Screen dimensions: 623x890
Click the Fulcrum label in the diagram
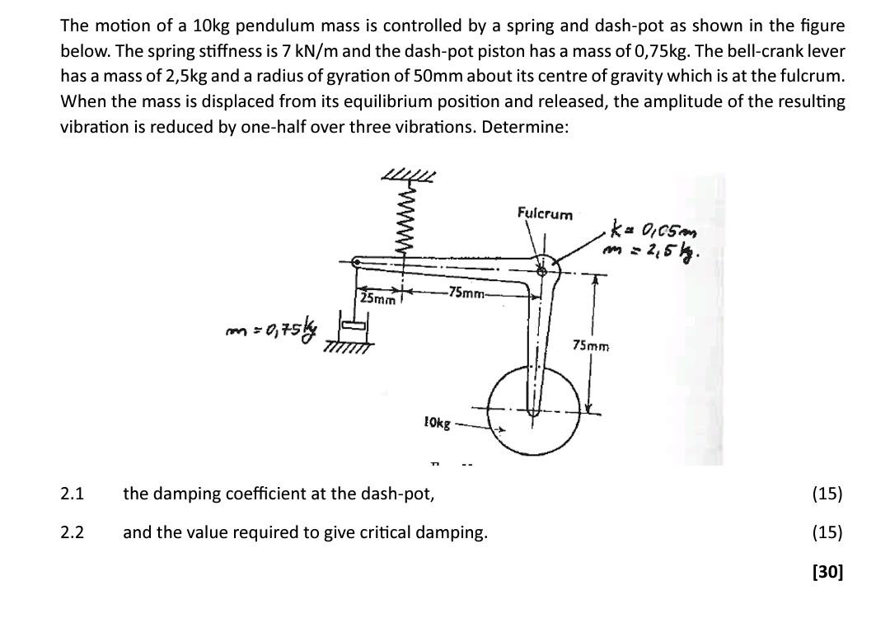544,214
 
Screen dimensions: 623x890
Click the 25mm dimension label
378,298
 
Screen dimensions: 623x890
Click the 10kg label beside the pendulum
437,423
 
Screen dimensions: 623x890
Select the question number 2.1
73,494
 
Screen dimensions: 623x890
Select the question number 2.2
73,532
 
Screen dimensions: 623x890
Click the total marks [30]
827,571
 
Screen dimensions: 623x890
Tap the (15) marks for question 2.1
827,494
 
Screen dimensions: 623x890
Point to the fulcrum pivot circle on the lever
542,269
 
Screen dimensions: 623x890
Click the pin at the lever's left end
356,263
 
